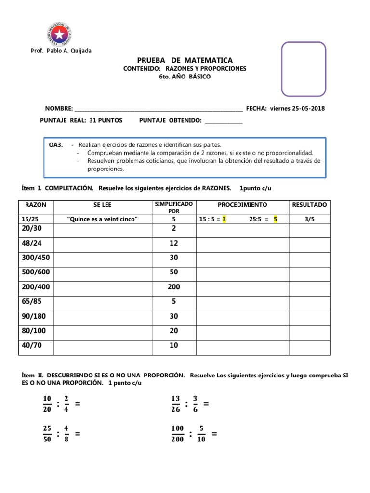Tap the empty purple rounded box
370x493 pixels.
pyautogui.click(x=304, y=69)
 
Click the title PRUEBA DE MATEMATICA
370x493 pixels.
pyautogui.click(x=185, y=60)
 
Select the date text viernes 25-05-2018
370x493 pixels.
pyautogui.click(x=297, y=108)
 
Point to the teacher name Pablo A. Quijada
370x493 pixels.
pyautogui.click(x=66, y=51)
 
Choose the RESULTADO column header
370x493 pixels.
pyautogui.click(x=309, y=205)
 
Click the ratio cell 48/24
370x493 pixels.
pyautogui.click(x=32, y=244)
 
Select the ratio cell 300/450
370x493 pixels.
pyautogui.click(x=35, y=258)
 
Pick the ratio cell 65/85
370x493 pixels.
pyautogui.click(x=32, y=301)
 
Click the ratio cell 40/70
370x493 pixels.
pyautogui.click(x=32, y=345)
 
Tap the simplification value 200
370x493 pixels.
pyautogui.click(x=174, y=287)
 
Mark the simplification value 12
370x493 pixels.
pyautogui.click(x=174, y=244)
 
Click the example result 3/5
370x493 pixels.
pyautogui.click(x=309, y=219)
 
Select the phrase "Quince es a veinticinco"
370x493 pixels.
pyautogui.click(x=102, y=219)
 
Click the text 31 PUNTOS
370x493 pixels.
pyautogui.click(x=106, y=120)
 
